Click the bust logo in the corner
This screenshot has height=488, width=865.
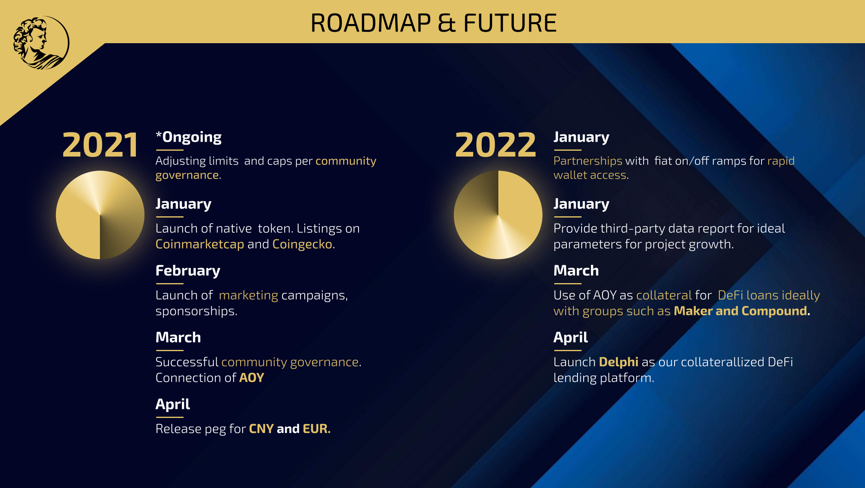[41, 43]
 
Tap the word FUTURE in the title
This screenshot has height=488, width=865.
[510, 23]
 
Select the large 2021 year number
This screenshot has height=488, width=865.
[100, 145]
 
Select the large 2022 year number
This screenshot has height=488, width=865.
[496, 145]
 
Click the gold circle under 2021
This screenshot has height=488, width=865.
[100, 215]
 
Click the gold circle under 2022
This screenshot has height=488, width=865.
[498, 215]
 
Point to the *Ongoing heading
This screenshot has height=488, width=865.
[188, 137]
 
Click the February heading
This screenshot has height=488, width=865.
[188, 270]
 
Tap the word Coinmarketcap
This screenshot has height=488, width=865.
[200, 244]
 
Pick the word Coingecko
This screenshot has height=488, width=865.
[302, 244]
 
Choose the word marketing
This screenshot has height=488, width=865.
[249, 295]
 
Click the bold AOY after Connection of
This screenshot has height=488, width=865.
[252, 378]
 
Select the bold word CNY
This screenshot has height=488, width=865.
[261, 429]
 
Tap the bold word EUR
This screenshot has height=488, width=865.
[315, 429]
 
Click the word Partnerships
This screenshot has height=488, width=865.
[588, 161]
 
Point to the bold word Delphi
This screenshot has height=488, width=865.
[619, 362]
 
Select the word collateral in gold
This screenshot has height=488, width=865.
[664, 295]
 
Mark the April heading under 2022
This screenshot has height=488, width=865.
[571, 338]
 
